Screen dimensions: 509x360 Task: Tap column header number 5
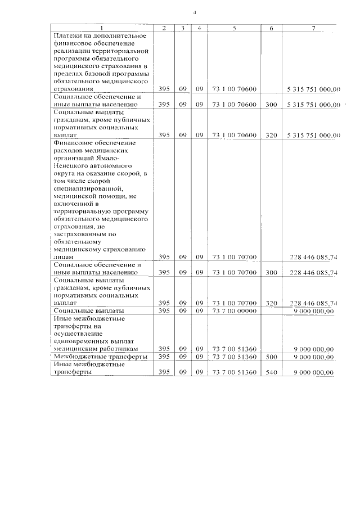[x=233, y=28]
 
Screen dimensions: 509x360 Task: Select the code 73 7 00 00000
[x=234, y=310]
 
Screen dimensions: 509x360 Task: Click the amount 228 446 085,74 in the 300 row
[x=313, y=272]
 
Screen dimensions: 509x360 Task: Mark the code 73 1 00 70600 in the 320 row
[x=234, y=135]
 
